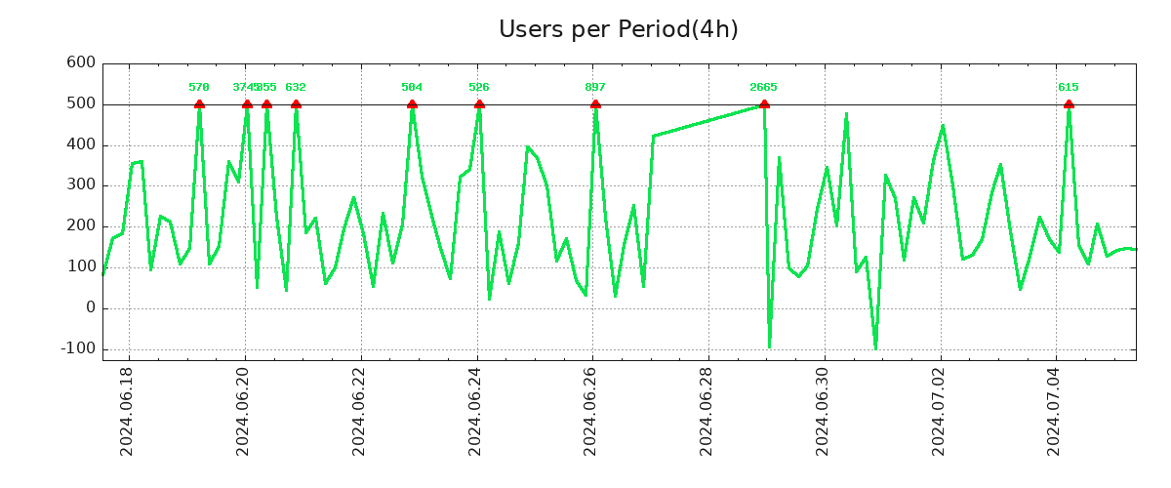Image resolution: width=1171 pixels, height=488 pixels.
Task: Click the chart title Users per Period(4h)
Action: click(x=618, y=29)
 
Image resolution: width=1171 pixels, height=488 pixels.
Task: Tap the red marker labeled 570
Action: click(x=199, y=104)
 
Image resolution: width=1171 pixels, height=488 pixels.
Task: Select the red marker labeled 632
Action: click(x=296, y=104)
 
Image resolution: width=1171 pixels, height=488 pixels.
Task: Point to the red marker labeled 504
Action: click(x=412, y=104)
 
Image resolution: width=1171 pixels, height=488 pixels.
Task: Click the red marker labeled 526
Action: click(x=479, y=104)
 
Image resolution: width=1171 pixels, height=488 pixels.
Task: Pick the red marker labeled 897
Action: click(x=595, y=104)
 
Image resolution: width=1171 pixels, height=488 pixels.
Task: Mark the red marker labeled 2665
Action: click(x=764, y=104)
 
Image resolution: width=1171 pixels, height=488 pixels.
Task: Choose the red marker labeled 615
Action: click(x=1069, y=104)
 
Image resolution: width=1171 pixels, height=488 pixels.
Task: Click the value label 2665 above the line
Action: click(x=763, y=88)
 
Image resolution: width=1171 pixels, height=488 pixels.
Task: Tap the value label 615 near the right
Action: click(x=1069, y=88)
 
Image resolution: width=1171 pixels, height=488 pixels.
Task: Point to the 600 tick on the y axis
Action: click(x=81, y=63)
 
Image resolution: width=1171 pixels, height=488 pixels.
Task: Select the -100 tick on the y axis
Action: click(x=77, y=349)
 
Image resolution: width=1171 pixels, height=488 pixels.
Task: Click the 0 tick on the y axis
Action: click(x=91, y=308)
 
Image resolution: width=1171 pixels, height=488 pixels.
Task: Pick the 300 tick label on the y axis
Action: click(x=81, y=185)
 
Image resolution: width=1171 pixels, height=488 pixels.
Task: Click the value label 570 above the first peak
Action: click(x=199, y=88)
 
